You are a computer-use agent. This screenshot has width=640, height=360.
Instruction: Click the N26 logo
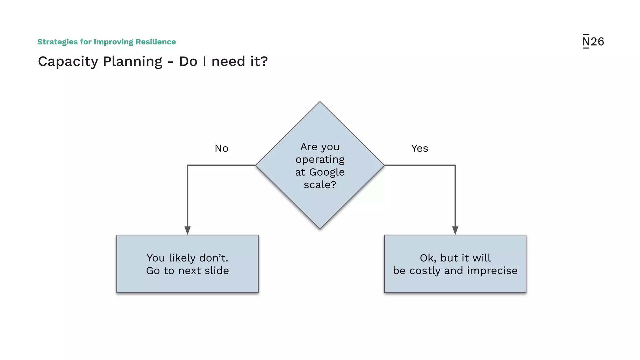pyautogui.click(x=593, y=42)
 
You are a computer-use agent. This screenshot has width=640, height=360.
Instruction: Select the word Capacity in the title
pyautogui.click(x=68, y=62)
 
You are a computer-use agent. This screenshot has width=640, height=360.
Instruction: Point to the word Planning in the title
pyautogui.click(x=132, y=62)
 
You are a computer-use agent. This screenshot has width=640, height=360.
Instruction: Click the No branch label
pyautogui.click(x=222, y=148)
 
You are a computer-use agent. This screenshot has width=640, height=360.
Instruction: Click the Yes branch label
pyautogui.click(x=419, y=148)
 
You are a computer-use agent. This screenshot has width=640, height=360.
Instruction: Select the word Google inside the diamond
pyautogui.click(x=327, y=172)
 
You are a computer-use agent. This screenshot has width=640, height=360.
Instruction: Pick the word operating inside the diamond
pyautogui.click(x=320, y=160)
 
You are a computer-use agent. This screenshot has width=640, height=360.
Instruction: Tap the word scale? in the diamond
pyautogui.click(x=320, y=185)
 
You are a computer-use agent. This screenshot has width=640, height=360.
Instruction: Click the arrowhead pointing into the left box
pyautogui.click(x=187, y=231)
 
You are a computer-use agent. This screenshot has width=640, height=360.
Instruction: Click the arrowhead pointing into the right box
pyautogui.click(x=455, y=231)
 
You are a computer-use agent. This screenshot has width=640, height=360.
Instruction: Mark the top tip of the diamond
pyautogui.click(x=320, y=102)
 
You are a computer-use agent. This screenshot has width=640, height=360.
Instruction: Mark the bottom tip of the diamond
pyautogui.click(x=320, y=228)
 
